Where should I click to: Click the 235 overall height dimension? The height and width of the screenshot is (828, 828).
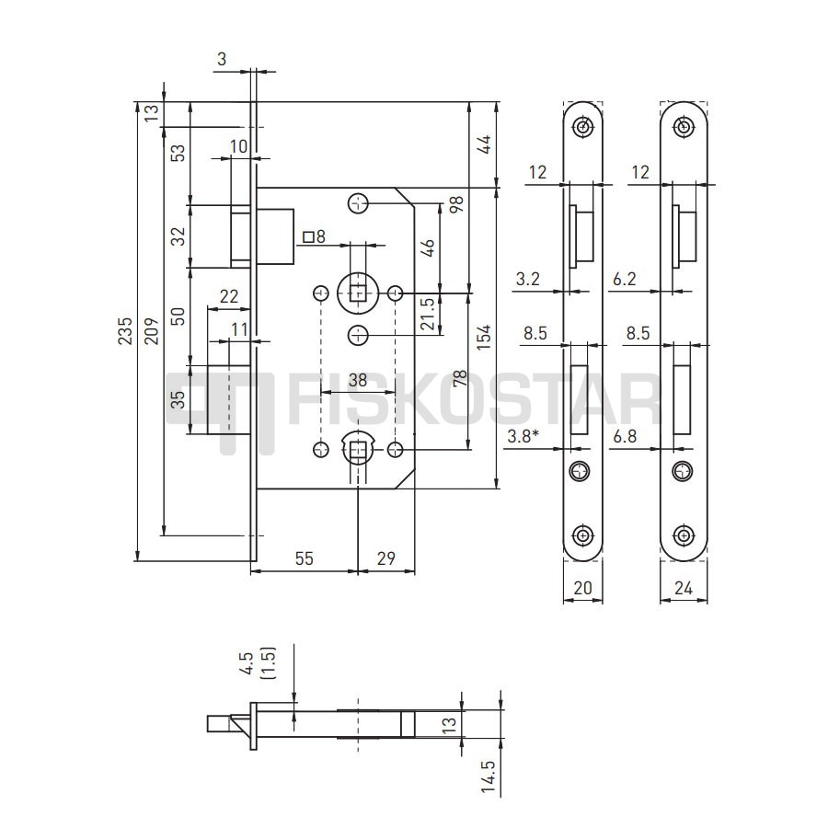124,331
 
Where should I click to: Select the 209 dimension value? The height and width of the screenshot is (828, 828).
152,331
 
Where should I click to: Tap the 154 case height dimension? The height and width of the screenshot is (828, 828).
483,337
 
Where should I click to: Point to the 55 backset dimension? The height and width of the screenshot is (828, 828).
305,558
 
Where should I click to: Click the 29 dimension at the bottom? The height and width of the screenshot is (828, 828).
386,558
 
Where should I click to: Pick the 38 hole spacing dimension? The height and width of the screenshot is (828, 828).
358,380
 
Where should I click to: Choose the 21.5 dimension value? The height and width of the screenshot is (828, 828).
428,314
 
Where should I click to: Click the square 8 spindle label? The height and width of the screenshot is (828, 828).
315,236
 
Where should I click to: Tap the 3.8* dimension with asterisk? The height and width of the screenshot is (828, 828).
523,437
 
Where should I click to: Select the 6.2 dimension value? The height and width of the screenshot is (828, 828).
624,279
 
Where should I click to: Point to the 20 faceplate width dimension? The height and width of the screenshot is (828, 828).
582,588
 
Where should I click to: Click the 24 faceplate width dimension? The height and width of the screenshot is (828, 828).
684,588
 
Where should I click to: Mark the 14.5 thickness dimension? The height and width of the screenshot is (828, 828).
489,776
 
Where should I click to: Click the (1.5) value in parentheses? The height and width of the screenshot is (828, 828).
269,663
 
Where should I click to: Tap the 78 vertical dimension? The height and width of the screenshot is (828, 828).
459,378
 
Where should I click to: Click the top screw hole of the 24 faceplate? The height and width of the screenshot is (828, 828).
684,127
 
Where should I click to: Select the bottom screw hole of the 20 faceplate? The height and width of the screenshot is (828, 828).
582,535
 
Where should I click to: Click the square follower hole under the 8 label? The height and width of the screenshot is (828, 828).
360,292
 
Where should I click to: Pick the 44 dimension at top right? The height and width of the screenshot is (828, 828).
484,144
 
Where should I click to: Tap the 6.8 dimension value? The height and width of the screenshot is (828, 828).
625,437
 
